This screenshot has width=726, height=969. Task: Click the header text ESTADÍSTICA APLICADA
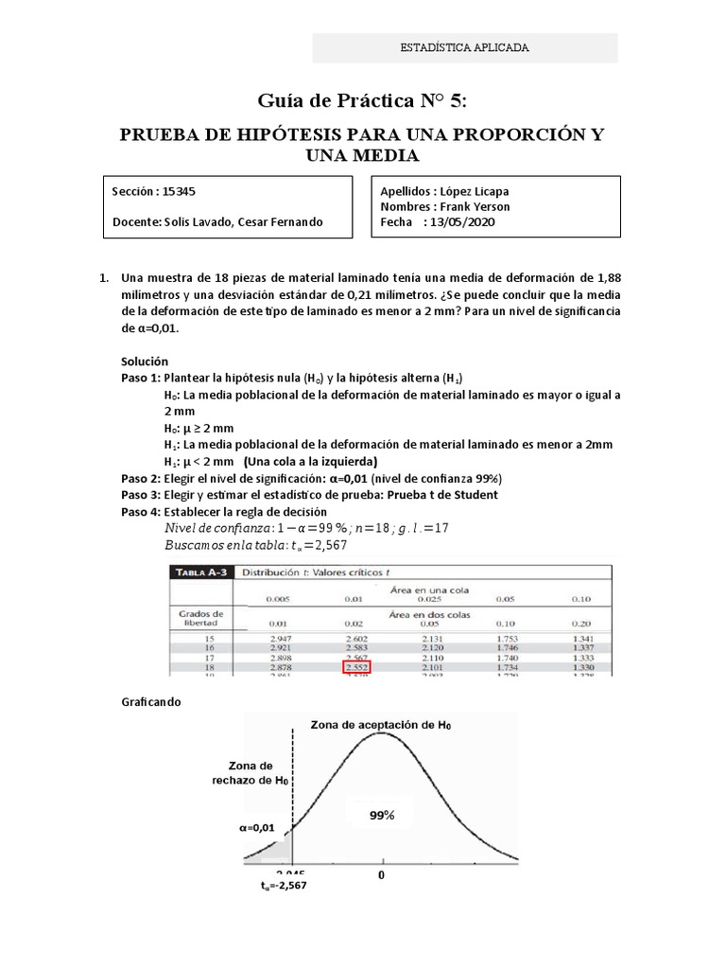click(464, 47)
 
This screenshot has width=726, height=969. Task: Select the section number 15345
click(179, 190)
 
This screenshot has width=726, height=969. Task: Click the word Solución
click(145, 361)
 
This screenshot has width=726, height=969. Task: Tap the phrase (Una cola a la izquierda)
click(310, 461)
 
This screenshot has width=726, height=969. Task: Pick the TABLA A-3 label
click(200, 572)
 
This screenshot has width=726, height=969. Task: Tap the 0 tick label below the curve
click(383, 875)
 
